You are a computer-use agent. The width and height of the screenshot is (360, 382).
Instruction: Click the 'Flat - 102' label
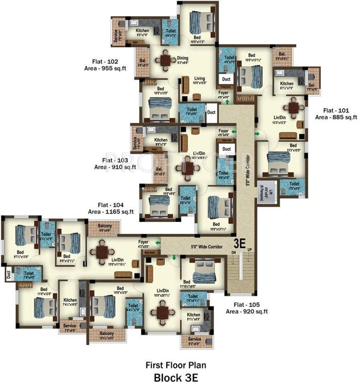105,61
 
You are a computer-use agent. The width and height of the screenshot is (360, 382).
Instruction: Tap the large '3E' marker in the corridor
240,244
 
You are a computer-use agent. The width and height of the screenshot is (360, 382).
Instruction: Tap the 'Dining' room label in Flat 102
183,58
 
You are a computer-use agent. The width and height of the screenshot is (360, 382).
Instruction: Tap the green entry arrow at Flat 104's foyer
157,243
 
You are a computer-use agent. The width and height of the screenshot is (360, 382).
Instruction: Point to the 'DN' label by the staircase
233,252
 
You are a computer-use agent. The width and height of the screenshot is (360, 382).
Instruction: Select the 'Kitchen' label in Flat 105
193,315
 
